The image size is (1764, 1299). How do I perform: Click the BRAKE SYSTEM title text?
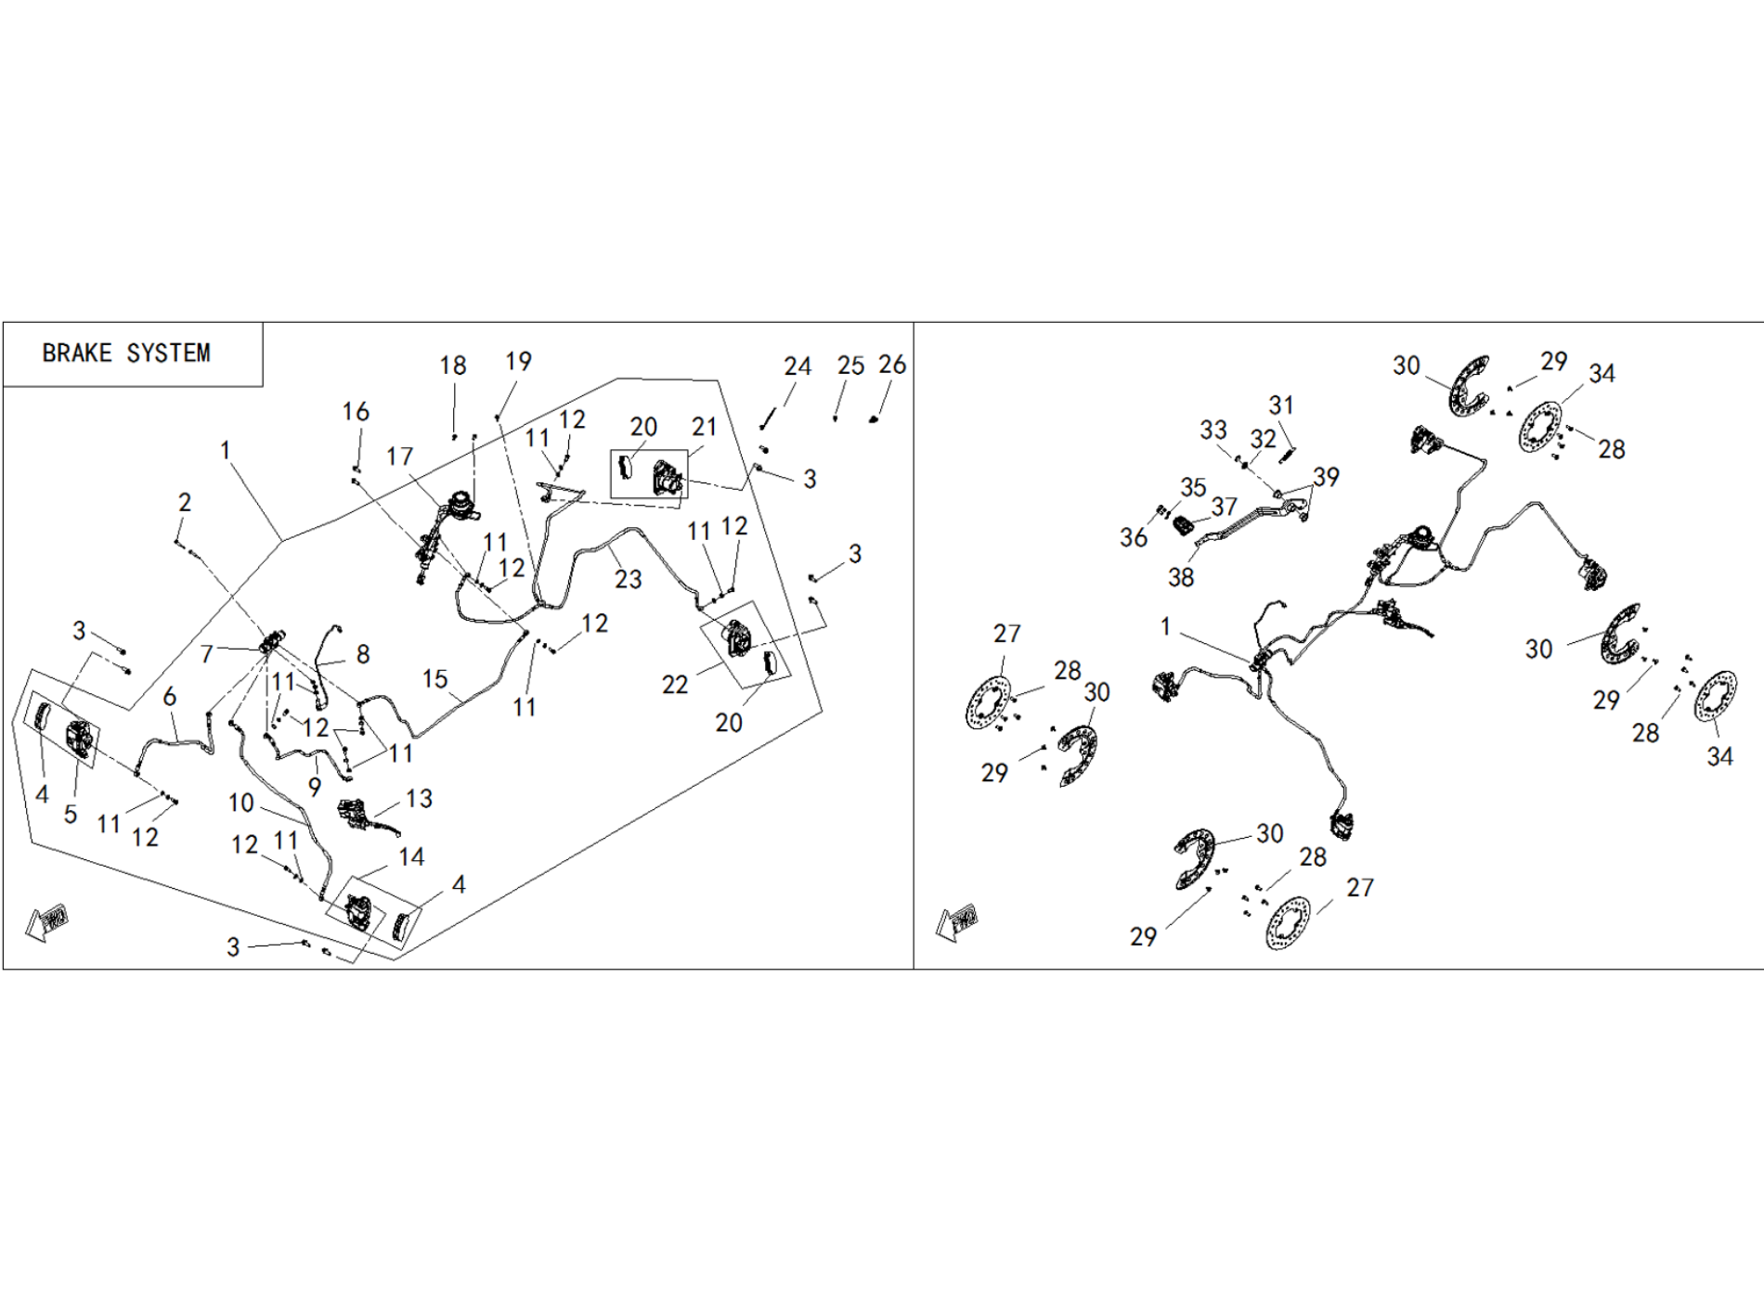point(126,354)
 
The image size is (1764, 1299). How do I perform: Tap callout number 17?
point(400,457)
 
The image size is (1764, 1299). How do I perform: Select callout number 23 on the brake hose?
point(628,579)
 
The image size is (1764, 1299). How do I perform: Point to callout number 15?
point(435,679)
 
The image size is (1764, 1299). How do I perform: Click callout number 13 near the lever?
point(419,799)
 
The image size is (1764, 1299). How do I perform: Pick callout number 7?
point(207,654)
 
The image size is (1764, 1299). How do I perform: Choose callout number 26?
point(891,365)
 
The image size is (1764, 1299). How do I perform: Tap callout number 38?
point(1180,577)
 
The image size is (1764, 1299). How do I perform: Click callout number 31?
point(1281,405)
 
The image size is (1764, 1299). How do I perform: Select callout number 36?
point(1133,537)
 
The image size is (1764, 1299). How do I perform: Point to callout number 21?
point(704,427)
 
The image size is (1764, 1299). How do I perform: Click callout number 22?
point(675,685)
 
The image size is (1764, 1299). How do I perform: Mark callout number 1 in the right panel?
point(1165,627)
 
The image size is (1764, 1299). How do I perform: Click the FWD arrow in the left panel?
point(46,921)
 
